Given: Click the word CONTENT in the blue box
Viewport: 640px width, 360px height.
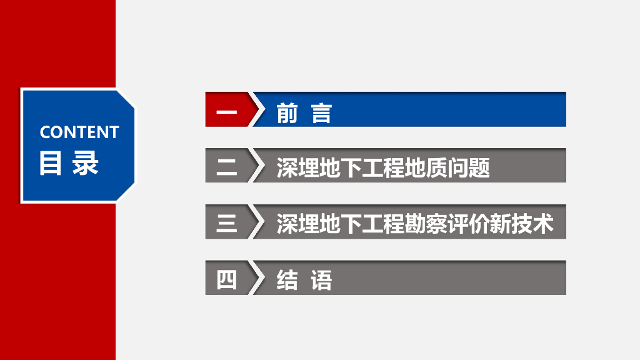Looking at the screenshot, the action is (x=79, y=132).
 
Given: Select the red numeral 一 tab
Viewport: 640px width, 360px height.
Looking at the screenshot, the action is (x=227, y=112).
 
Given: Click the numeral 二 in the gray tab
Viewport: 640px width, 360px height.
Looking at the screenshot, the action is (x=227, y=167).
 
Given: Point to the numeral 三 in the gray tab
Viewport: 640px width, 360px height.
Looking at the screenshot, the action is (x=227, y=223).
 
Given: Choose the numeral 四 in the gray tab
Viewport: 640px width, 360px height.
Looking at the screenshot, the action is (x=227, y=279).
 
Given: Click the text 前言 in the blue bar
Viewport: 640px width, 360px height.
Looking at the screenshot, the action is (x=304, y=113).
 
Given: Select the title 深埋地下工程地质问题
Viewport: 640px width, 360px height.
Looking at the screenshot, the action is (x=383, y=167).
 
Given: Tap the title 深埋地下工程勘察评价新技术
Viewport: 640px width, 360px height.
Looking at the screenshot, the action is (x=415, y=223).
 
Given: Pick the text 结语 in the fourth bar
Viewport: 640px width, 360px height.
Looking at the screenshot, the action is (x=304, y=279).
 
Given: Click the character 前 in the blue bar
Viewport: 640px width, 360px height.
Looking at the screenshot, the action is (x=287, y=113).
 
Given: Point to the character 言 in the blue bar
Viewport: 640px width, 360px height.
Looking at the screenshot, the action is (x=321, y=113).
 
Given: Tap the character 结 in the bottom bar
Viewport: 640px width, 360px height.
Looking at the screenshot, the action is (x=287, y=279).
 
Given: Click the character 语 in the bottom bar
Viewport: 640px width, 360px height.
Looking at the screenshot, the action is (x=321, y=279).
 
